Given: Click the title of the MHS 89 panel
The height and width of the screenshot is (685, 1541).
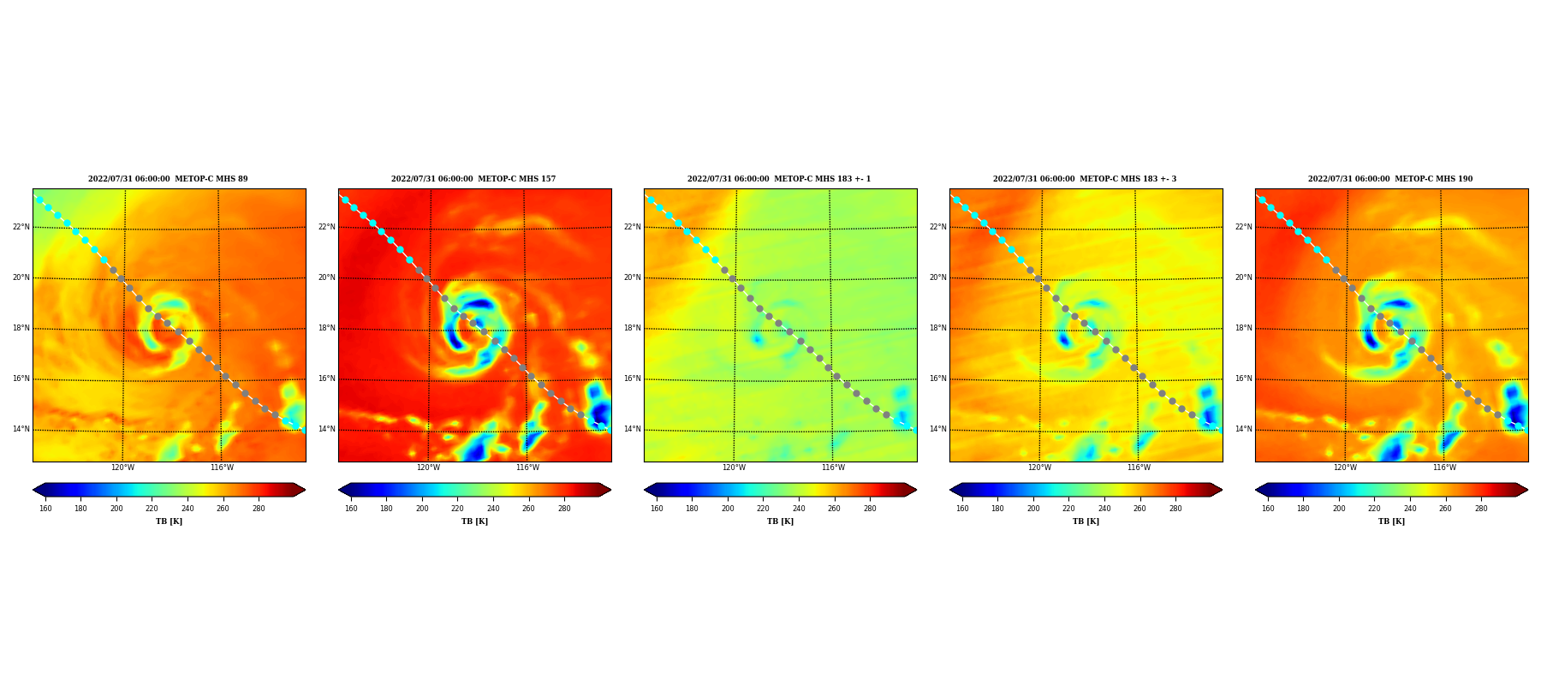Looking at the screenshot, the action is pyautogui.click(x=168, y=179).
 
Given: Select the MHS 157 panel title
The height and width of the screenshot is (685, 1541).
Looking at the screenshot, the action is pyautogui.click(x=473, y=179).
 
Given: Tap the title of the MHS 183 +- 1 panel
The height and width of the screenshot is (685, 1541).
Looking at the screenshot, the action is pyautogui.click(x=779, y=179).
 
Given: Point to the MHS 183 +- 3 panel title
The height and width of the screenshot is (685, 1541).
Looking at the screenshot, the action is pyautogui.click(x=1085, y=179).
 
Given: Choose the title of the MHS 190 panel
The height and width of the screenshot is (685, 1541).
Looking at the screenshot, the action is pyautogui.click(x=1390, y=179).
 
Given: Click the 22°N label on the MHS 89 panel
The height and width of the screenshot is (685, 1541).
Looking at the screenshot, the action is pyautogui.click(x=21, y=227).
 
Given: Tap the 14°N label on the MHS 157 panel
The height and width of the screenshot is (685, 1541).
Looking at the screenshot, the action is pyautogui.click(x=326, y=429).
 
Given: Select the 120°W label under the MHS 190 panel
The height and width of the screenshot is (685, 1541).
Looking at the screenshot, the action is pyautogui.click(x=1345, y=468).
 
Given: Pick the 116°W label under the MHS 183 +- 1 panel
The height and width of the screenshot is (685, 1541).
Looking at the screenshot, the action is pyautogui.click(x=833, y=468).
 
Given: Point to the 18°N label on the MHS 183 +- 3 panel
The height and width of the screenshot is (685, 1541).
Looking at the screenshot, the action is pyautogui.click(x=937, y=328).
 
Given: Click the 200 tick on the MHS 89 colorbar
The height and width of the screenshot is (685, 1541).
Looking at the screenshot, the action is pyautogui.click(x=116, y=509).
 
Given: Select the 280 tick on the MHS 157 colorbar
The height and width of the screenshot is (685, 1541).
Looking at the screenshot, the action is pyautogui.click(x=564, y=509).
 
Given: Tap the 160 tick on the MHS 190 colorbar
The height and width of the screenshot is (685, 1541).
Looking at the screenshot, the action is pyautogui.click(x=1268, y=509).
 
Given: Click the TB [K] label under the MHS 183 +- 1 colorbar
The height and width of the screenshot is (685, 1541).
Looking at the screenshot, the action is pyautogui.click(x=780, y=521).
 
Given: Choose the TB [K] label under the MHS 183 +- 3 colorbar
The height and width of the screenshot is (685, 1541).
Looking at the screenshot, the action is pyautogui.click(x=1086, y=521).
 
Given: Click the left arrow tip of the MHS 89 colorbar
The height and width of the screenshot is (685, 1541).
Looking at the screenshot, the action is pyautogui.click(x=33, y=490).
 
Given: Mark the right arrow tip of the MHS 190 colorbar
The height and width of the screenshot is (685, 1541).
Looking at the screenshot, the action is pyautogui.click(x=1528, y=490).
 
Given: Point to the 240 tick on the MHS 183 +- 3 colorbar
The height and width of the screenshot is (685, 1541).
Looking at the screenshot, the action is pyautogui.click(x=1104, y=509).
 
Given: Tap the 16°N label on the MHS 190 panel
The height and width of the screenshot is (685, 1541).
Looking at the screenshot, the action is pyautogui.click(x=1243, y=378).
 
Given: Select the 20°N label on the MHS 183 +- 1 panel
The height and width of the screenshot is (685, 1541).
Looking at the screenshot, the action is pyautogui.click(x=632, y=277).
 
